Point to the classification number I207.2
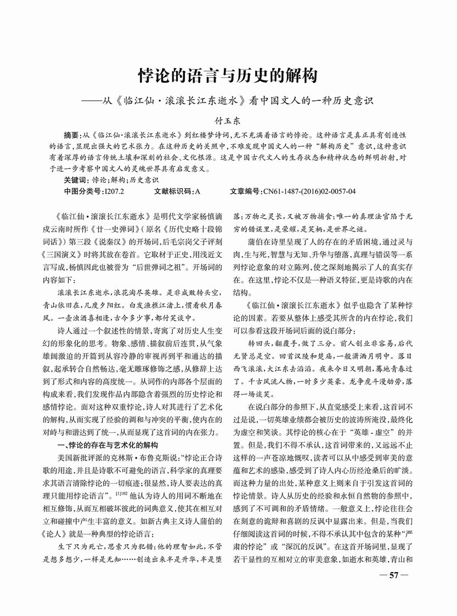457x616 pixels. tap(114, 191)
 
